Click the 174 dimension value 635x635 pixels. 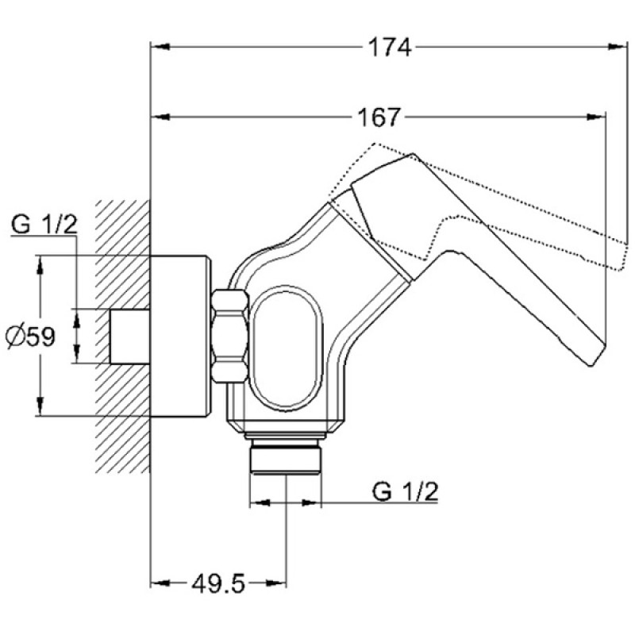tap(390, 47)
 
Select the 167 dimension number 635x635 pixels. tap(379, 117)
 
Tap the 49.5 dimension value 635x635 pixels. tap(218, 584)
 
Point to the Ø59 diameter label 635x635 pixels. tap(30, 336)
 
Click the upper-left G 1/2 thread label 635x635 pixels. tap(44, 224)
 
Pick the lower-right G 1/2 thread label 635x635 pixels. tap(405, 491)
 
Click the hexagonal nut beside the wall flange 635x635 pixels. tap(229, 336)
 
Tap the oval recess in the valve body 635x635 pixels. tap(286, 348)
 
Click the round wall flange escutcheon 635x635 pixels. tap(180, 336)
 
